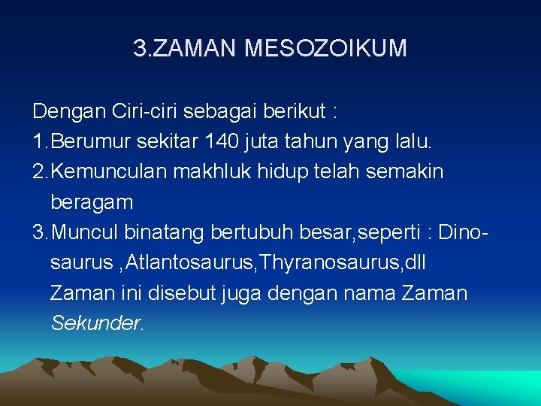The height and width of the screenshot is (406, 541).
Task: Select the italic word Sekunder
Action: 96,323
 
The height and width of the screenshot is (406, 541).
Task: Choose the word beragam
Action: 92,202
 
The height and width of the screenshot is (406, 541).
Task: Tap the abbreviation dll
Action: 416,263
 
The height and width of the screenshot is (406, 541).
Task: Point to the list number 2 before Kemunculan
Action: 38,171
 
